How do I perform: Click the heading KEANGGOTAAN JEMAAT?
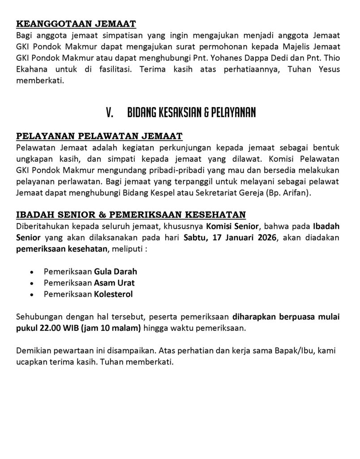click(x=76, y=24)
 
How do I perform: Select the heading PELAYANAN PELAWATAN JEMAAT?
click(x=99, y=136)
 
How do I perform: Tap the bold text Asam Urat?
click(x=114, y=283)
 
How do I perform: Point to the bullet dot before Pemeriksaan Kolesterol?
click(x=31, y=295)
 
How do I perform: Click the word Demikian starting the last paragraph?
click(x=32, y=351)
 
